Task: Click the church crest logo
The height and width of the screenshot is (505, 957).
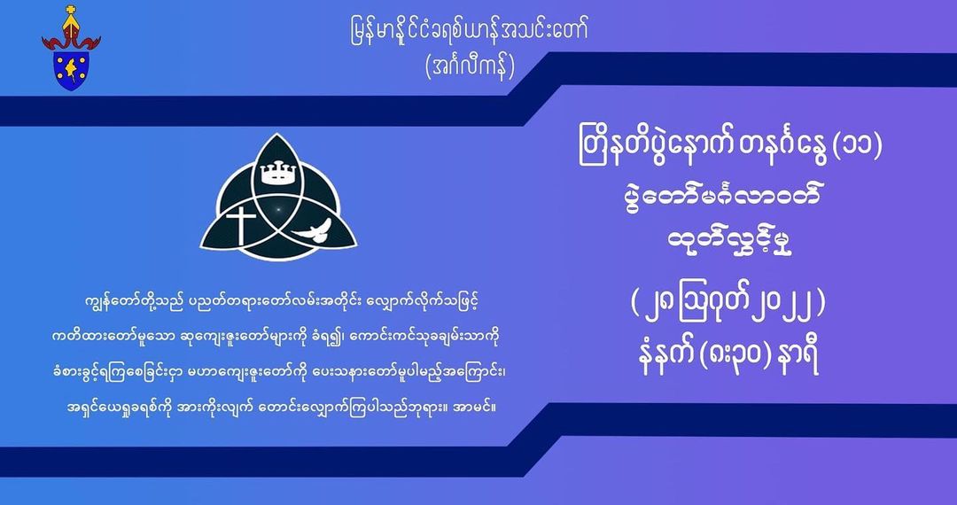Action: coord(71,48)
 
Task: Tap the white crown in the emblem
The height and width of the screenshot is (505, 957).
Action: coord(277,174)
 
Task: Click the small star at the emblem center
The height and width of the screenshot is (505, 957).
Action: coord(277,211)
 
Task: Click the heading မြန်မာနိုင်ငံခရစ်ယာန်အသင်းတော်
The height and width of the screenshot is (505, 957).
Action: coord(466,31)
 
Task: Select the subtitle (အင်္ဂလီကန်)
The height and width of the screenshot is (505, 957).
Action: coord(470,67)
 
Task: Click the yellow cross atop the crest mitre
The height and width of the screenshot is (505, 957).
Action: coord(71,11)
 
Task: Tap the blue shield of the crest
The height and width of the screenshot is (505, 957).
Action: coord(72,69)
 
